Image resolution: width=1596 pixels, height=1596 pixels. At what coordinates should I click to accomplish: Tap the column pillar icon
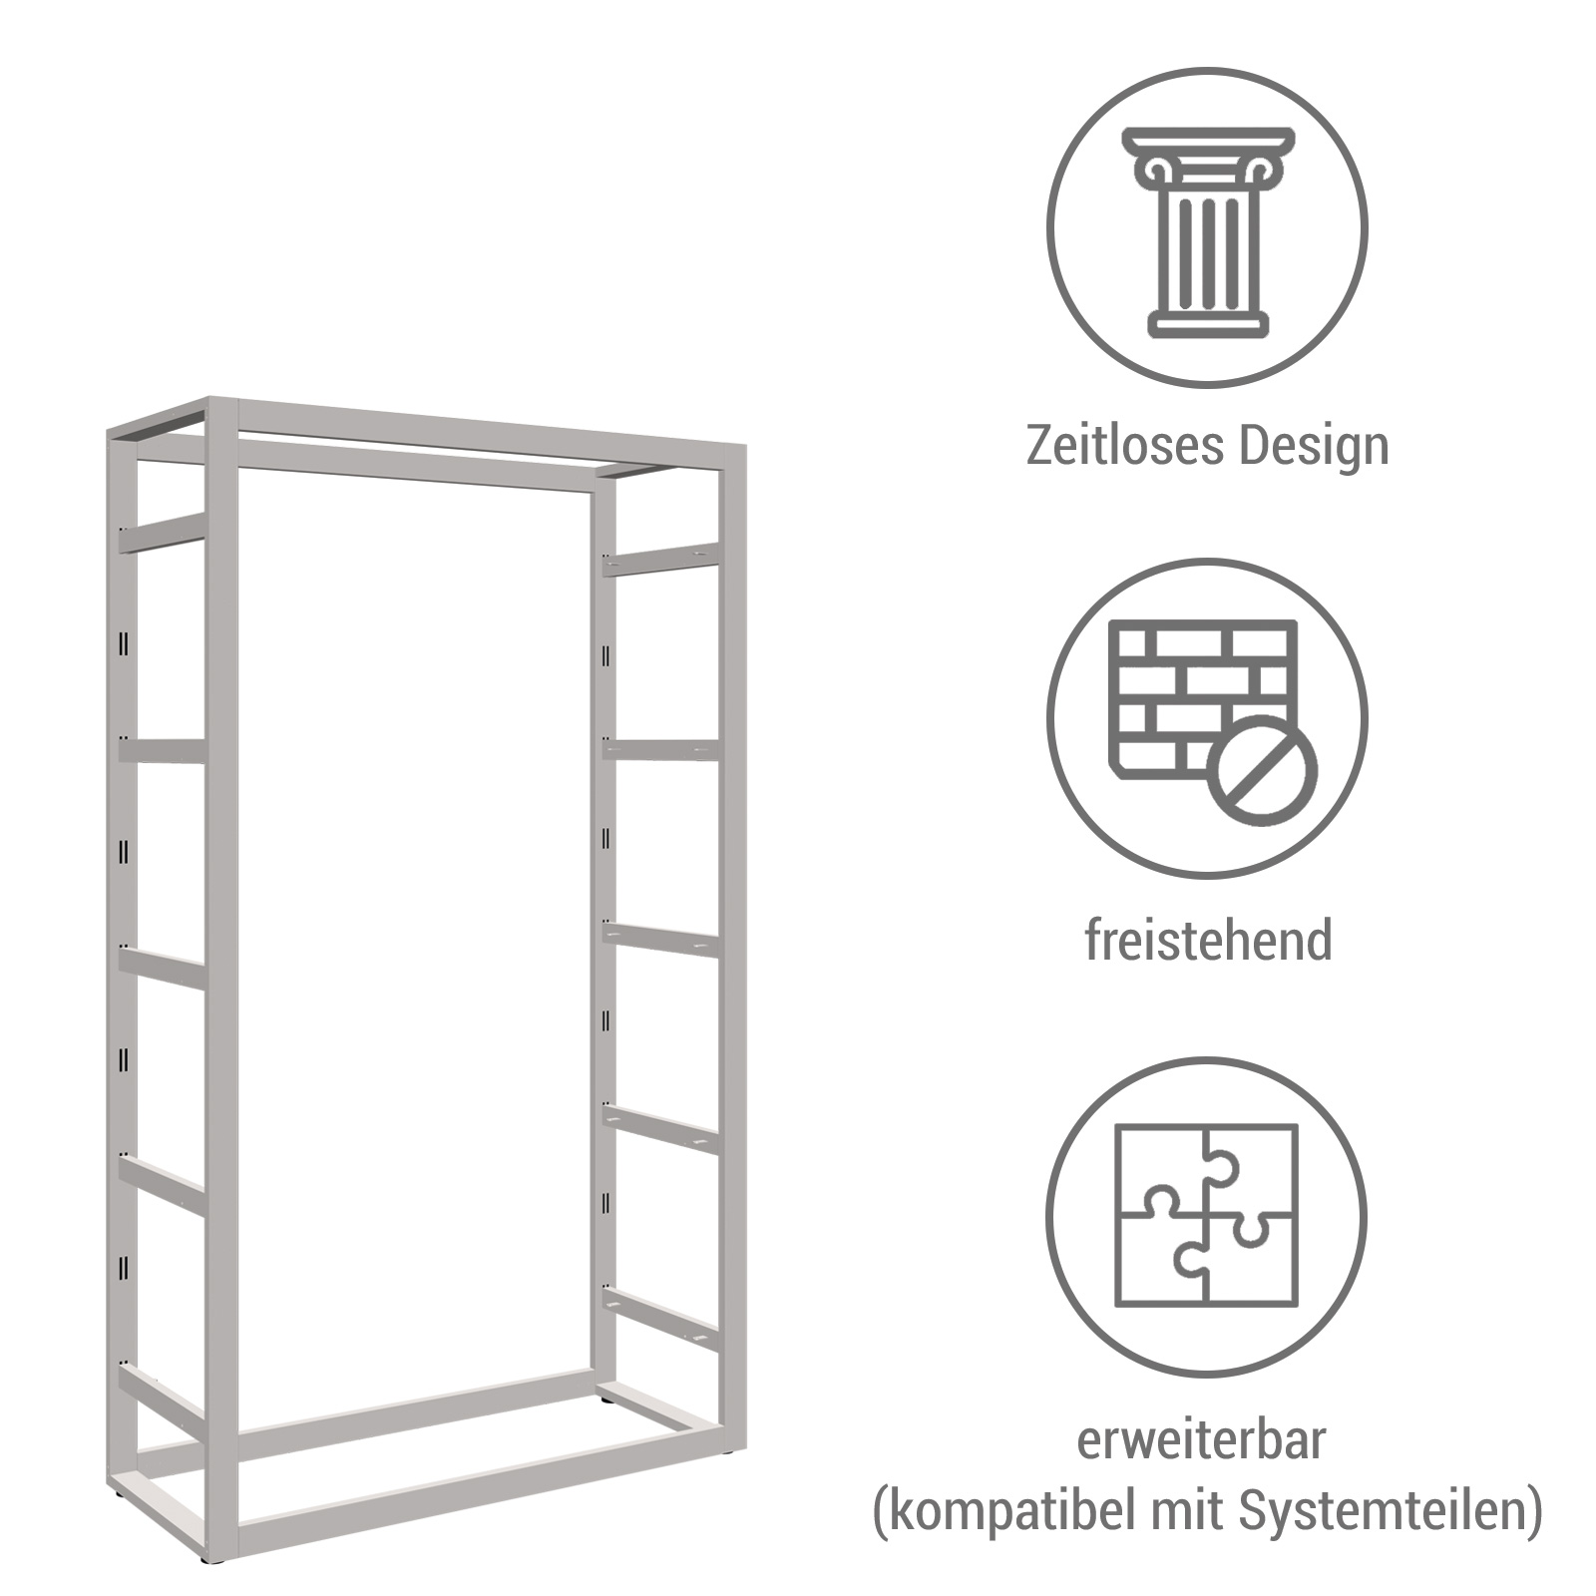click(1207, 231)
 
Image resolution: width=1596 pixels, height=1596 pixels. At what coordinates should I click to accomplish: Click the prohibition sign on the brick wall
click(1262, 770)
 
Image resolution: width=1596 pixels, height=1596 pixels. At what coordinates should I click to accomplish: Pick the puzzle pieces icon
click(1207, 1214)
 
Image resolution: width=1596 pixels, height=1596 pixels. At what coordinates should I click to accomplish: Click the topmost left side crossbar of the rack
click(162, 533)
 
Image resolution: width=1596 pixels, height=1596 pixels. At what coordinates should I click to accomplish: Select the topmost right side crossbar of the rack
click(660, 559)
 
